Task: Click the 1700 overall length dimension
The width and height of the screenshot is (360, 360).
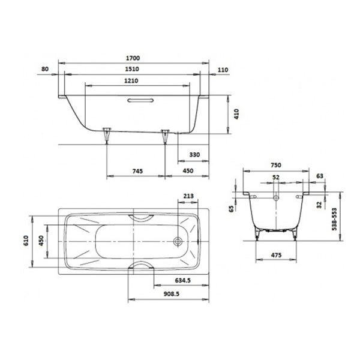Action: (x=133, y=58)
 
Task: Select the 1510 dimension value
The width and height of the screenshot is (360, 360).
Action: (x=132, y=69)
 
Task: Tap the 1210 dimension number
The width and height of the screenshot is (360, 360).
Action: (x=131, y=81)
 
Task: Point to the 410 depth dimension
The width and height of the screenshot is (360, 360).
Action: (x=236, y=114)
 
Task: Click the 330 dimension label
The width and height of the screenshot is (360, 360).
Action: (x=194, y=155)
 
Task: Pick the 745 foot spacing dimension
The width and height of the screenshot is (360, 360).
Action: (x=137, y=171)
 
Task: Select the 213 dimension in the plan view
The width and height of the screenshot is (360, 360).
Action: (x=188, y=196)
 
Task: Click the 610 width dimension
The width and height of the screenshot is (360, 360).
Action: (x=26, y=241)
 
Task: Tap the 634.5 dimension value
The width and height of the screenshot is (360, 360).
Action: (x=183, y=280)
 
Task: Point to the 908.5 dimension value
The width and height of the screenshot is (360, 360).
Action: (x=171, y=294)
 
